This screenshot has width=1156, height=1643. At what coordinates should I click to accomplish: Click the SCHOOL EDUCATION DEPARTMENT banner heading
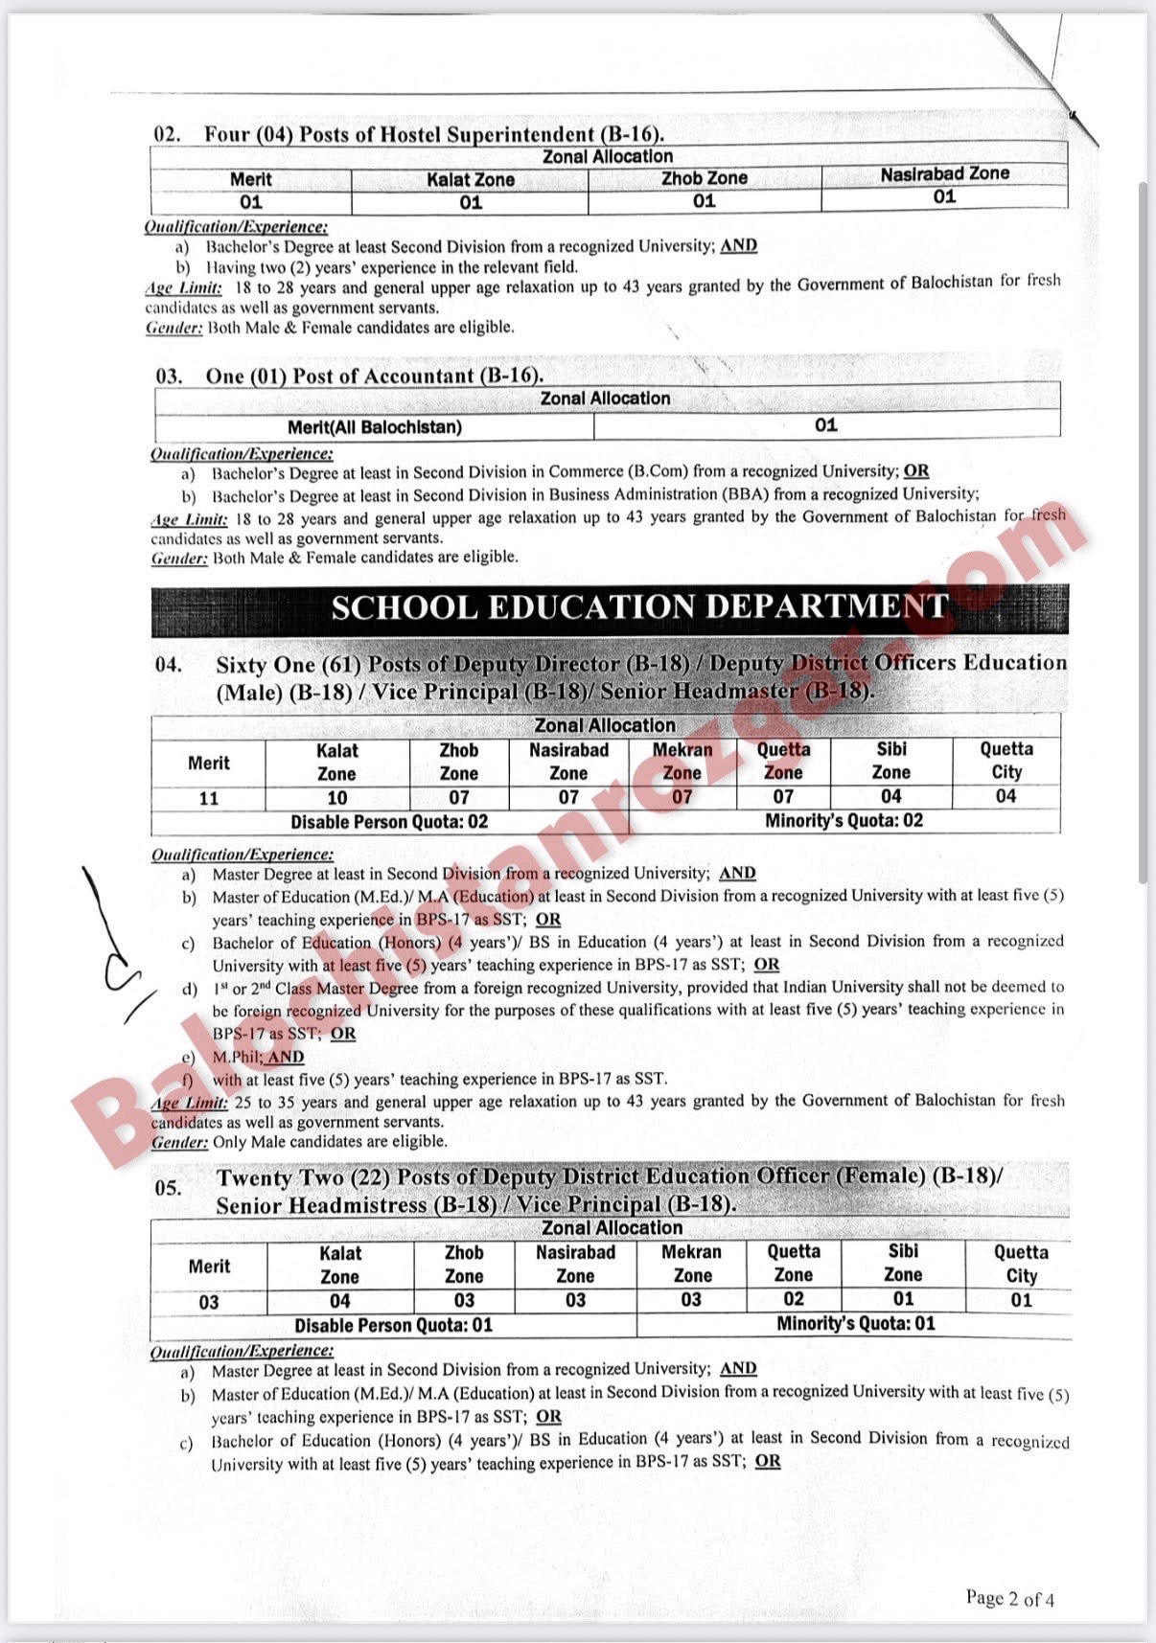pyautogui.click(x=639, y=607)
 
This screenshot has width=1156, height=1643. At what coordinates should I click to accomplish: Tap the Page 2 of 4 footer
pyautogui.click(x=1009, y=1598)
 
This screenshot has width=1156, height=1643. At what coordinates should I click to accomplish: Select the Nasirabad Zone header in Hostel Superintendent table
pyautogui.click(x=944, y=173)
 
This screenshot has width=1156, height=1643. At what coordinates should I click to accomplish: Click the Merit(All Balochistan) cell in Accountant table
pyautogui.click(x=374, y=427)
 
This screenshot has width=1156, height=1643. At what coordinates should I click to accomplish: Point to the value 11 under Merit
pyautogui.click(x=209, y=798)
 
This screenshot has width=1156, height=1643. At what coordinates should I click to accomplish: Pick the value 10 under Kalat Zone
pyautogui.click(x=336, y=798)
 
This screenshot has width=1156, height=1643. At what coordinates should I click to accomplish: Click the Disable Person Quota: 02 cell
pyautogui.click(x=389, y=822)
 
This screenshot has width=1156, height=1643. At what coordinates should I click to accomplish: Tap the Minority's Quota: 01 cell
pyautogui.click(x=855, y=1324)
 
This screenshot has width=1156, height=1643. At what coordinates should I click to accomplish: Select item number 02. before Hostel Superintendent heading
pyautogui.click(x=168, y=135)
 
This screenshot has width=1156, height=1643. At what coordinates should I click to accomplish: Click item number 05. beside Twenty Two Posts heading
pyautogui.click(x=168, y=1189)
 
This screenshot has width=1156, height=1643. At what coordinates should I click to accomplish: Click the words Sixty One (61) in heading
pyautogui.click(x=289, y=664)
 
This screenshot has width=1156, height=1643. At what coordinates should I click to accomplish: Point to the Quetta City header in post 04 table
pyautogui.click(x=1006, y=761)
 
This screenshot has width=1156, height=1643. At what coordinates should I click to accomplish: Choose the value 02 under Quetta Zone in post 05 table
pyautogui.click(x=793, y=1300)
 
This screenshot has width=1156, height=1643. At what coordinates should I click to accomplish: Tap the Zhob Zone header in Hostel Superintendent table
pyautogui.click(x=704, y=178)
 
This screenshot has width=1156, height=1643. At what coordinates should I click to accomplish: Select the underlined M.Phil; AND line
pyautogui.click(x=258, y=1057)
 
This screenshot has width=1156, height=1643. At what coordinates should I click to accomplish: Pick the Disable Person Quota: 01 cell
pyautogui.click(x=393, y=1326)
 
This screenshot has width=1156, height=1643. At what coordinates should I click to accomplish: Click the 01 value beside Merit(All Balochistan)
pyautogui.click(x=825, y=425)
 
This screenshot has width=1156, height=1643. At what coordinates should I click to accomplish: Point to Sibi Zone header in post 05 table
pyautogui.click(x=902, y=1263)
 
